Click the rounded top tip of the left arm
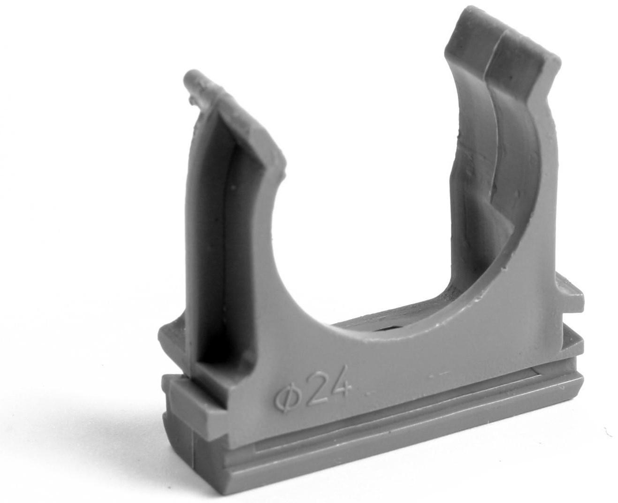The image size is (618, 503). tap(195, 79)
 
